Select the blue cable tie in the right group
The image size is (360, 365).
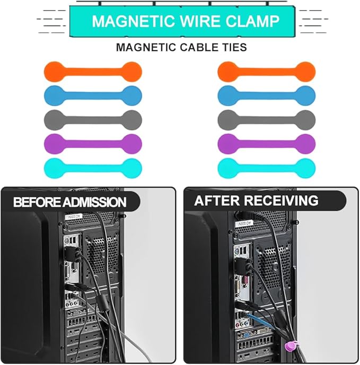click(266, 94)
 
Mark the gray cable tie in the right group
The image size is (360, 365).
click(266, 119)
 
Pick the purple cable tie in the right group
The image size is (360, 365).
click(266, 143)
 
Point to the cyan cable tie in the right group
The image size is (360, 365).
click(266, 167)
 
